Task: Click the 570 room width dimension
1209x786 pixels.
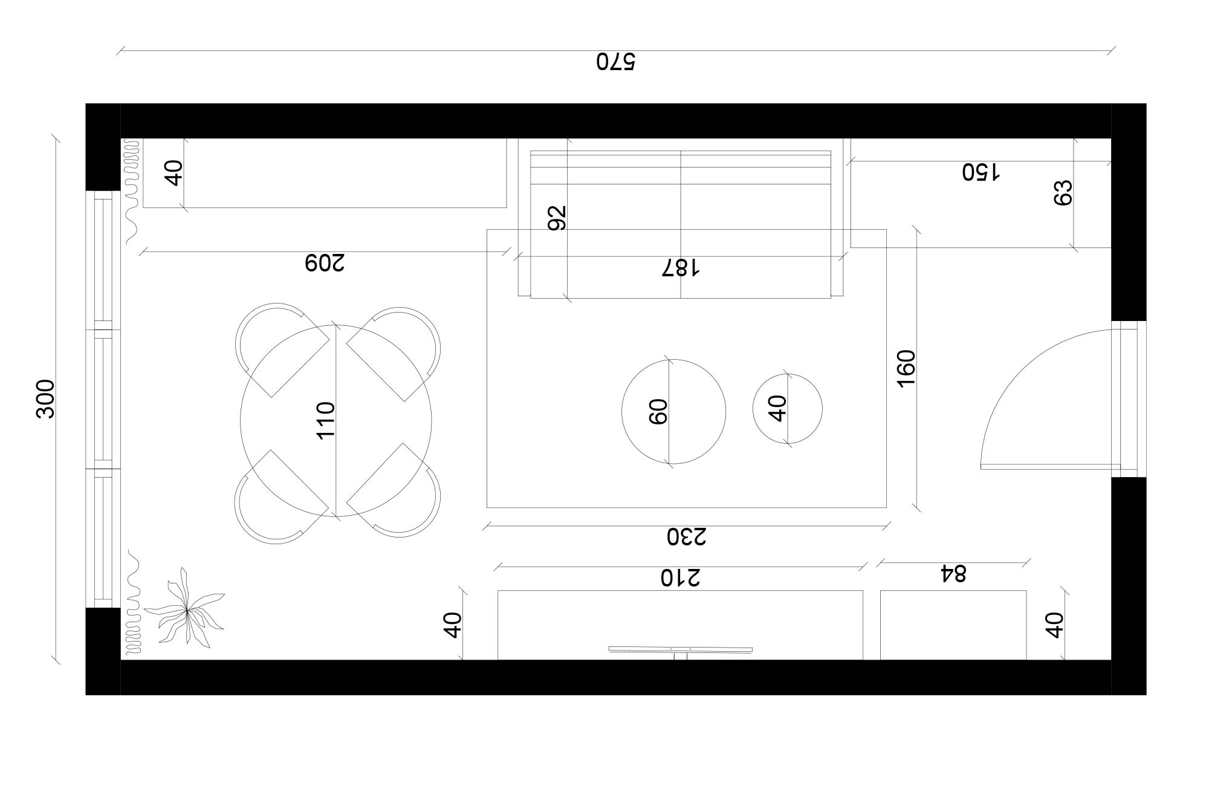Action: pos(616,62)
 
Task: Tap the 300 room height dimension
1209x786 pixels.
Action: pos(46,398)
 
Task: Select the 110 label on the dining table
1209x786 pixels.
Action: pos(326,420)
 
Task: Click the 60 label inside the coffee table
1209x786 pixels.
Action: pos(658,411)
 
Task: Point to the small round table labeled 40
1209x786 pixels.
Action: pos(787,409)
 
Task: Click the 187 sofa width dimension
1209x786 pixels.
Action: pos(681,268)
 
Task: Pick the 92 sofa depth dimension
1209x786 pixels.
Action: pos(557,218)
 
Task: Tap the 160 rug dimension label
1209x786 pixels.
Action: pos(907,368)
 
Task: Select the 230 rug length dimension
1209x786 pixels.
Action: pos(687,536)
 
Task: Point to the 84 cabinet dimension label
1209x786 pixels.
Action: pos(953,573)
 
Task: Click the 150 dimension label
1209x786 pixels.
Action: pos(981,172)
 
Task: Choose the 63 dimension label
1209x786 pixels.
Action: pos(1063,193)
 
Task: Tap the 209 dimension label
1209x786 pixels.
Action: pos(325,263)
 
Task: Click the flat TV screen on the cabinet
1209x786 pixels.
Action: pos(680,649)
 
